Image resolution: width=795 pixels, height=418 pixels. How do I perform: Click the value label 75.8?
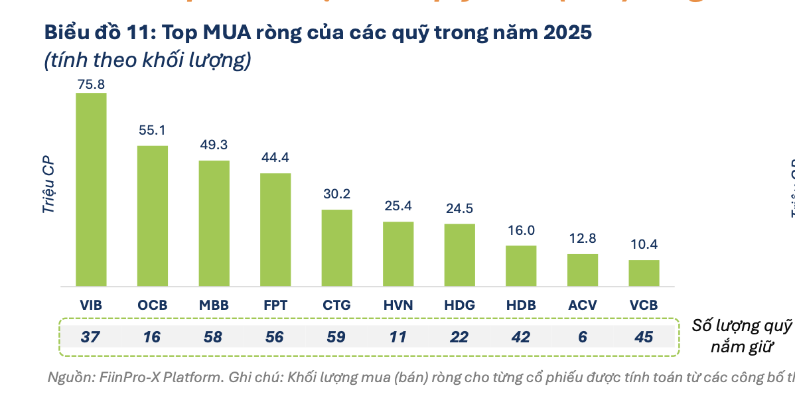[x=91, y=84]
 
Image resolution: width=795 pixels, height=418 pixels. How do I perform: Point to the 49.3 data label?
[x=214, y=145]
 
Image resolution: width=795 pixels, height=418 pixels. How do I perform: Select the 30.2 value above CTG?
[x=336, y=194]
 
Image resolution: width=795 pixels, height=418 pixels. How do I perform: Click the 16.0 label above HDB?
[x=521, y=230]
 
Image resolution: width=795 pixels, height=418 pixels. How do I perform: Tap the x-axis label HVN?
[x=398, y=306]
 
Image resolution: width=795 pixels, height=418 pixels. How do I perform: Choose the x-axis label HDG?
[x=459, y=306]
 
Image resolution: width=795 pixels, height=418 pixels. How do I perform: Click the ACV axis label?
[x=582, y=306]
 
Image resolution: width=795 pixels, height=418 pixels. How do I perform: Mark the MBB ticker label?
[x=214, y=306]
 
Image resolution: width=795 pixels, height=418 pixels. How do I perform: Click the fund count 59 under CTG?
[x=336, y=337]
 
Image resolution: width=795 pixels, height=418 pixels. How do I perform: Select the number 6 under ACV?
[x=582, y=337]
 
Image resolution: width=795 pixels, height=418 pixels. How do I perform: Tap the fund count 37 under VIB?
[x=91, y=337]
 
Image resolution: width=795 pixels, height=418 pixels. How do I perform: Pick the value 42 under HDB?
[x=521, y=337]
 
